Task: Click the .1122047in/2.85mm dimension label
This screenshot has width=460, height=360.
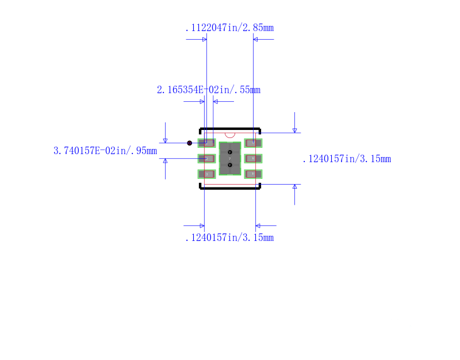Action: (229, 28)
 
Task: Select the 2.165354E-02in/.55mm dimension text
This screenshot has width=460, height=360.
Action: (208, 90)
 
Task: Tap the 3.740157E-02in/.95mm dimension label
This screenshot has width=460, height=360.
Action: (105, 151)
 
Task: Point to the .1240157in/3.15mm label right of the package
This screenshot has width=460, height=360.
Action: (346, 159)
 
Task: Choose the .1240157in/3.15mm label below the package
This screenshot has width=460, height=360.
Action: (229, 238)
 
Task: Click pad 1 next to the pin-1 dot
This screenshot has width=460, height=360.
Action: (206, 143)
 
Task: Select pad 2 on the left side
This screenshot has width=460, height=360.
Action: (206, 158)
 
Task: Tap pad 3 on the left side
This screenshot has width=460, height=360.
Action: (206, 174)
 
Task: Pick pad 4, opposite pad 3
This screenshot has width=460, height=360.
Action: (253, 174)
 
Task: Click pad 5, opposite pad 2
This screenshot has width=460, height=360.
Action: (253, 158)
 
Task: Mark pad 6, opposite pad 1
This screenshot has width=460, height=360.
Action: (253, 143)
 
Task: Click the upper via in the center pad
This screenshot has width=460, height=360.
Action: (230, 152)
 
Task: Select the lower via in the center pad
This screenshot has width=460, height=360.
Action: (230, 165)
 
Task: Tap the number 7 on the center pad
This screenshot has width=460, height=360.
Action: (230, 158)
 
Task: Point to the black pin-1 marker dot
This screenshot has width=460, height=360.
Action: (190, 143)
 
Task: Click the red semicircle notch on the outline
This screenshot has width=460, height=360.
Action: (230, 135)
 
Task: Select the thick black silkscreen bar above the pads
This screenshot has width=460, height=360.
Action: (230, 129)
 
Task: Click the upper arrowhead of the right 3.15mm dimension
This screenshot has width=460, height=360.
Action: (294, 131)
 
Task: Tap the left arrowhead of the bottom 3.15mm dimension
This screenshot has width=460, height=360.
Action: (202, 225)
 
